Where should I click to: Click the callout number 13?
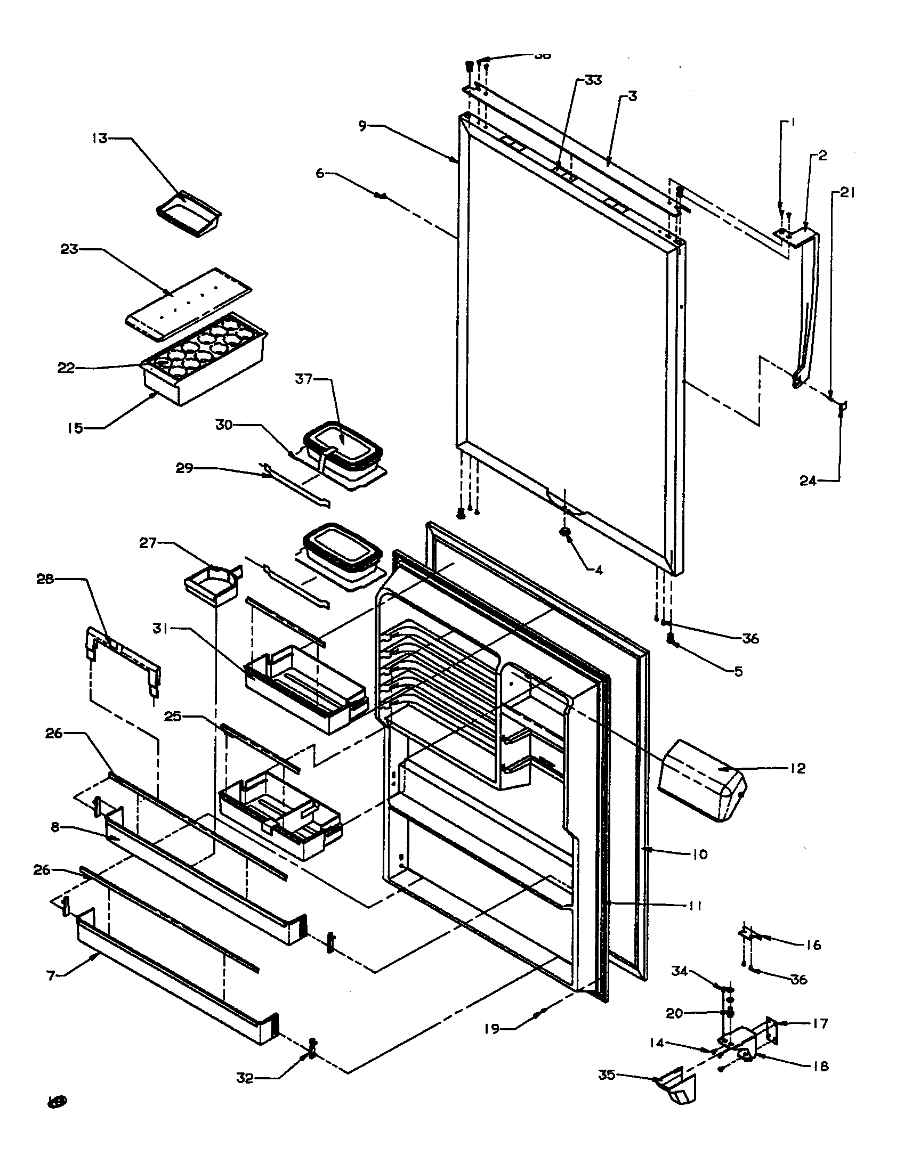tap(100, 139)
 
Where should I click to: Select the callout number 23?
tap(69, 249)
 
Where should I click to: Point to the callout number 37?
tap(303, 379)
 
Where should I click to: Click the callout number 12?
tap(798, 768)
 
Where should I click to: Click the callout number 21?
tap(848, 193)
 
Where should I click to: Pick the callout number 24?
tap(808, 481)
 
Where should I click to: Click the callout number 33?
tap(593, 80)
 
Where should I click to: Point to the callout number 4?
tap(599, 570)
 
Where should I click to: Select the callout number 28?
tap(45, 579)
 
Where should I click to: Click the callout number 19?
tap(491, 1029)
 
